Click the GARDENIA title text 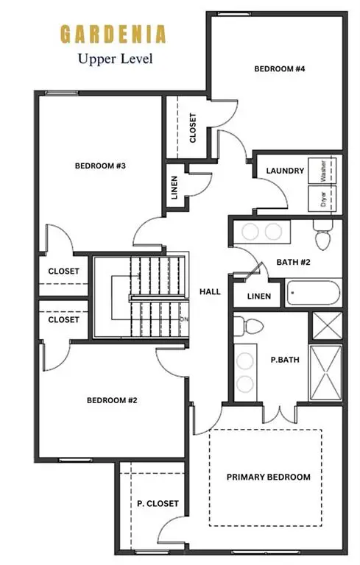click(x=113, y=34)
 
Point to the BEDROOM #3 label click(x=101, y=166)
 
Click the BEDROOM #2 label click(x=113, y=400)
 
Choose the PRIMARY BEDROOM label click(x=267, y=477)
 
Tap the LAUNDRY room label click(x=285, y=171)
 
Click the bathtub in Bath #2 click(x=313, y=295)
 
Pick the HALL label click(x=210, y=291)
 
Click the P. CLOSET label click(x=158, y=503)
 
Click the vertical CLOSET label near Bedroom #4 click(x=193, y=127)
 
